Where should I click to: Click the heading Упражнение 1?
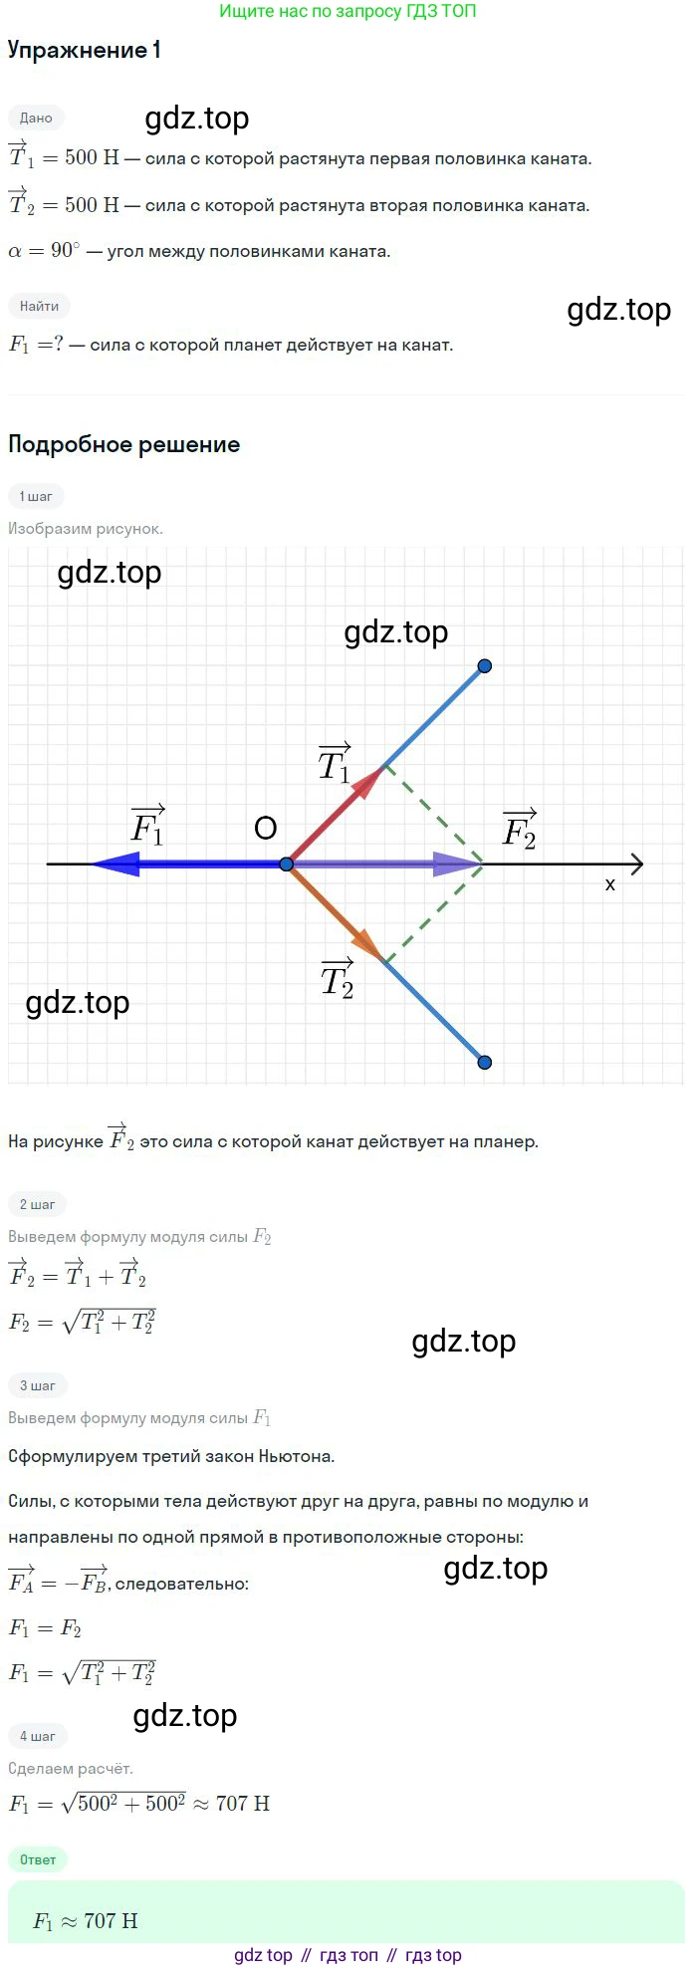[85, 51]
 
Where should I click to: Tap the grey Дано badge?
[36, 118]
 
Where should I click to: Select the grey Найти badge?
[40, 306]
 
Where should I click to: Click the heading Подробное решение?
[124, 444]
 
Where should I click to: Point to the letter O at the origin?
[265, 829]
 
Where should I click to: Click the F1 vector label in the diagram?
[148, 826]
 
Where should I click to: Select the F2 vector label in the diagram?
[520, 829]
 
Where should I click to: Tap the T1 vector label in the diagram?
[335, 763]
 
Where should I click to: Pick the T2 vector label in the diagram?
[338, 979]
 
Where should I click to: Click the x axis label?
[610, 884]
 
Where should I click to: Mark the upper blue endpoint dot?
[485, 666]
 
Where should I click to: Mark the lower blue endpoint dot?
[485, 1063]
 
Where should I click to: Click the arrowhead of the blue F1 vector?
[112, 864]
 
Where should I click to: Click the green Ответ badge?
[38, 1859]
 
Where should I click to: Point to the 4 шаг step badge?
[37, 1736]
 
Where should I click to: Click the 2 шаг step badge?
[37, 1204]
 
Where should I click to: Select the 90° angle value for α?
[65, 251]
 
